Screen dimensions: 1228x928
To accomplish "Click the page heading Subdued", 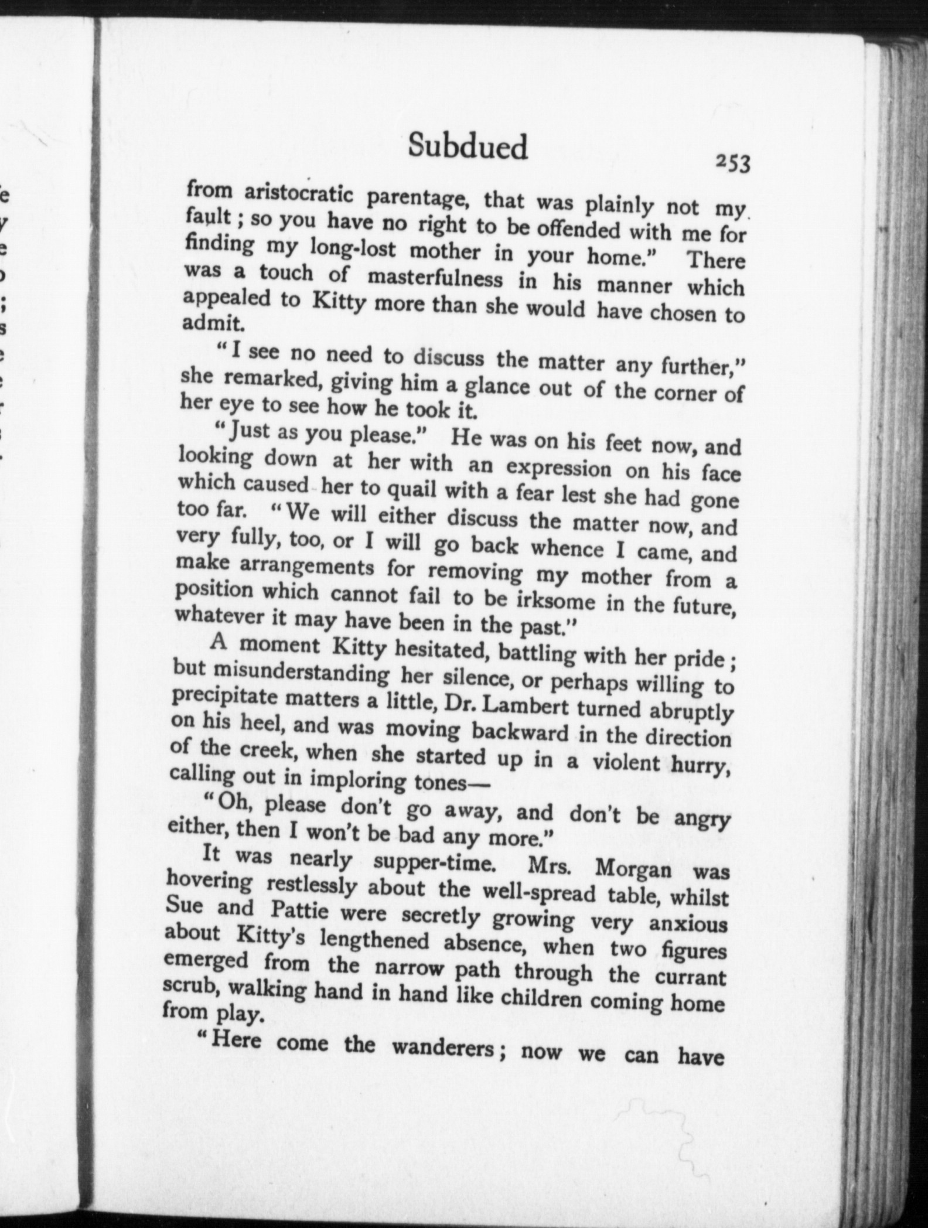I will coord(468,146).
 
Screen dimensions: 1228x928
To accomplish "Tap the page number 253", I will coord(732,165).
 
